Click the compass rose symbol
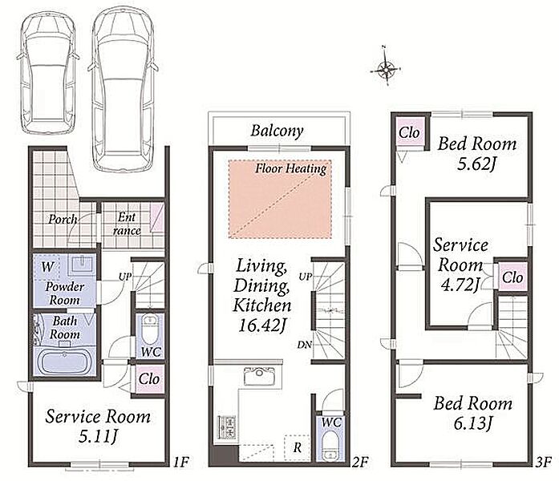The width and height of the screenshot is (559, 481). [x=386, y=68]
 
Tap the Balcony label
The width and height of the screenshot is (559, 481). [x=277, y=131]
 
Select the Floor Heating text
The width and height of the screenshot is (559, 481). [x=291, y=168]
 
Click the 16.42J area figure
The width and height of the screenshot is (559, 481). [x=262, y=325]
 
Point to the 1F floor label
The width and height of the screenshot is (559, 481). [x=180, y=462]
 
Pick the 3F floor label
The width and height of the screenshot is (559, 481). [x=543, y=462]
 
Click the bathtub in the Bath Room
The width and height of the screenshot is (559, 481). [x=64, y=361]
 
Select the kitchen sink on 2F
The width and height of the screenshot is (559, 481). [x=260, y=376]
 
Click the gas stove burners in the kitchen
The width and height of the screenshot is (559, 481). [x=226, y=426]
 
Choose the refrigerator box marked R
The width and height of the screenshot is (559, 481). [x=297, y=447]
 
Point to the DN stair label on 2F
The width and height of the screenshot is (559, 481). [x=305, y=345]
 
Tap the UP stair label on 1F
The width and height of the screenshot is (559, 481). [x=125, y=277]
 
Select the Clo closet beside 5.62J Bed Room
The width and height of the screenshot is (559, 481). [x=410, y=132]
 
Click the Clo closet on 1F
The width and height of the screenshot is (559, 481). [x=149, y=378]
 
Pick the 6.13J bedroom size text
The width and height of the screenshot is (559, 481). [x=473, y=423]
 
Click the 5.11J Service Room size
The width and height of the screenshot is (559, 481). [x=98, y=437]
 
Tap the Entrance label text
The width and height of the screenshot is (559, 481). [x=127, y=224]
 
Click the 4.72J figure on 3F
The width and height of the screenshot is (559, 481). [x=460, y=285]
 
